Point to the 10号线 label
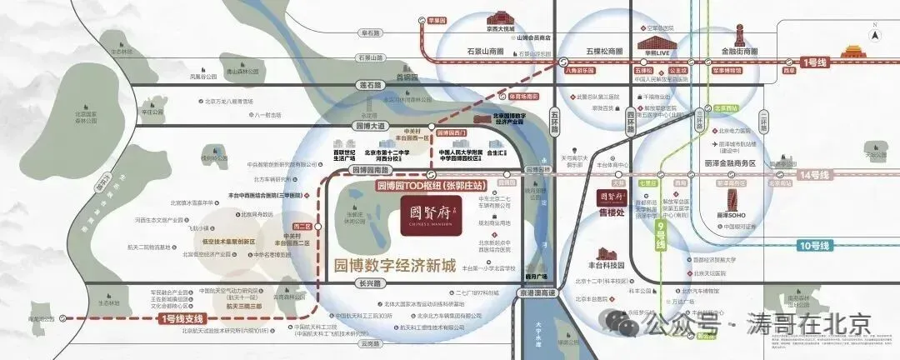click(x=815, y=246)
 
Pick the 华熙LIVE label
click(x=657, y=52)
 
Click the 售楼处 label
click(x=612, y=213)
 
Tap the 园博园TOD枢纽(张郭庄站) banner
click(x=428, y=184)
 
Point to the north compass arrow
click(x=873, y=34)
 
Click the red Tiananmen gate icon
click(x=851, y=50)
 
